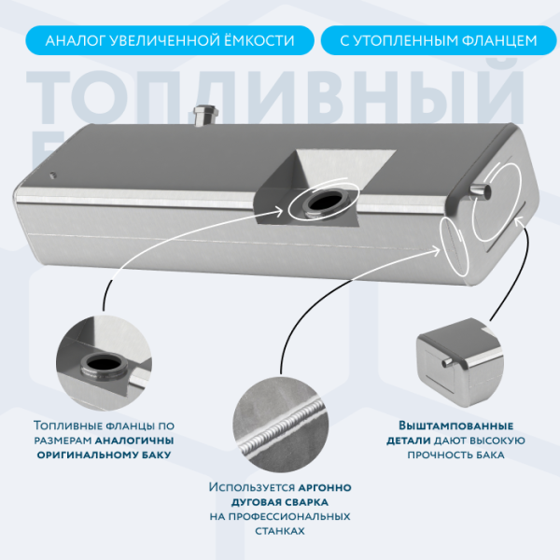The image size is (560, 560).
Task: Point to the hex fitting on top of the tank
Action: click(x=206, y=115)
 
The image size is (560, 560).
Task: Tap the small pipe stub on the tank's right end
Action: click(x=481, y=190)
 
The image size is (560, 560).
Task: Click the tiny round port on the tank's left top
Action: click(x=53, y=175)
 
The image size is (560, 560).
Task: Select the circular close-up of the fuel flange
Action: click(x=104, y=363)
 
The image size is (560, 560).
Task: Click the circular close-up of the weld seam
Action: click(x=280, y=425)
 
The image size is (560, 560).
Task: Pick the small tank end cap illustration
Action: click(x=460, y=362)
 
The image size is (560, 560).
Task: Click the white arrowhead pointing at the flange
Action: click(x=278, y=212)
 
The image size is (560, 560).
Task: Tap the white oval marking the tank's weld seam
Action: click(x=455, y=245)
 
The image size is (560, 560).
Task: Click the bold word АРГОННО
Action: click(x=325, y=487)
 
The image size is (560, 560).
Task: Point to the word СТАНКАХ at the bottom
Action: click(x=280, y=531)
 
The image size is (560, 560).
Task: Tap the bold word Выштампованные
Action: click(x=455, y=426)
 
